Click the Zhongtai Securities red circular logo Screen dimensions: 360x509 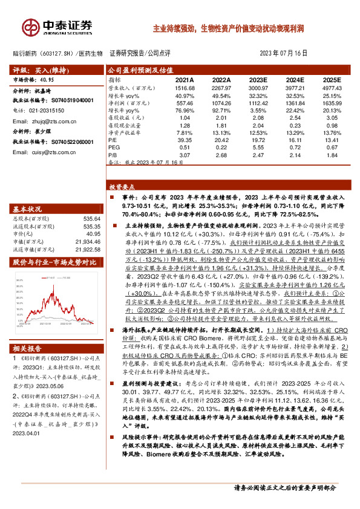click(x=30, y=27)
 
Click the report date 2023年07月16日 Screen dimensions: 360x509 click(x=288, y=53)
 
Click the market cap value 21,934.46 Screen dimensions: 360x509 click(x=84, y=241)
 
